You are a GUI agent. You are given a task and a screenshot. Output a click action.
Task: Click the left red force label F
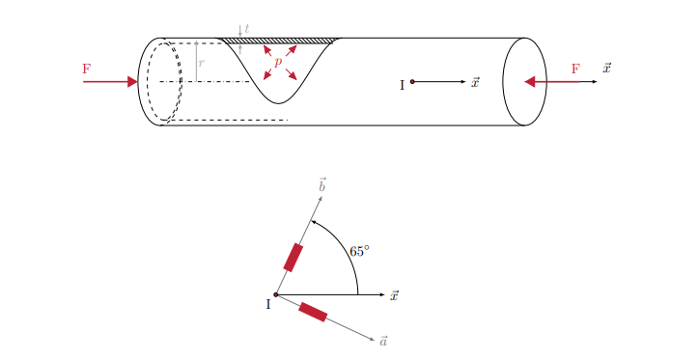(87, 69)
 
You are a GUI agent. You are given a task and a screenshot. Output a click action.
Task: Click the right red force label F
(575, 69)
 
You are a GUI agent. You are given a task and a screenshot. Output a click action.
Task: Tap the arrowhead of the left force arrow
(132, 82)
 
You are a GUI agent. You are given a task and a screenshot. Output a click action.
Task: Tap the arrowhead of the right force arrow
(530, 82)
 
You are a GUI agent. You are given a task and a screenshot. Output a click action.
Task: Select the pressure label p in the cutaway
(278, 62)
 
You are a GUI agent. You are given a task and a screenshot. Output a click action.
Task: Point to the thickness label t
(247, 28)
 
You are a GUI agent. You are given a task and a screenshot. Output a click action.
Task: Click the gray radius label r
(201, 63)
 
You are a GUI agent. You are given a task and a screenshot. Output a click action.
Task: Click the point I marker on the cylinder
(412, 82)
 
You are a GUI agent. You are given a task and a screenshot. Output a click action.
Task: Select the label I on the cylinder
(402, 85)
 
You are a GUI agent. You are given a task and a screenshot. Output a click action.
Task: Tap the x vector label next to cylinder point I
(475, 83)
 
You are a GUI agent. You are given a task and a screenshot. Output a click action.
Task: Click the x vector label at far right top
(606, 69)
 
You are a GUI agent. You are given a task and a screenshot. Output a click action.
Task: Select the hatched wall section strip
(280, 41)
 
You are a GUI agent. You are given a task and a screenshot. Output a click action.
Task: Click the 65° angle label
(360, 251)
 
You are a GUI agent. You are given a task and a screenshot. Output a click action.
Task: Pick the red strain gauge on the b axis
(293, 258)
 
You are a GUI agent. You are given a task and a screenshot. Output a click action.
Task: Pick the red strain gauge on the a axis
(313, 311)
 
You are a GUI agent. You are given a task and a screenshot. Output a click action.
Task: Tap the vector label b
(322, 184)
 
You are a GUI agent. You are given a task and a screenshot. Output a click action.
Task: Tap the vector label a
(384, 341)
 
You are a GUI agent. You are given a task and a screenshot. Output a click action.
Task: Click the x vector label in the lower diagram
(395, 295)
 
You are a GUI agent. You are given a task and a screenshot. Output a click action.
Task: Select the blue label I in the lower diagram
(267, 306)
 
